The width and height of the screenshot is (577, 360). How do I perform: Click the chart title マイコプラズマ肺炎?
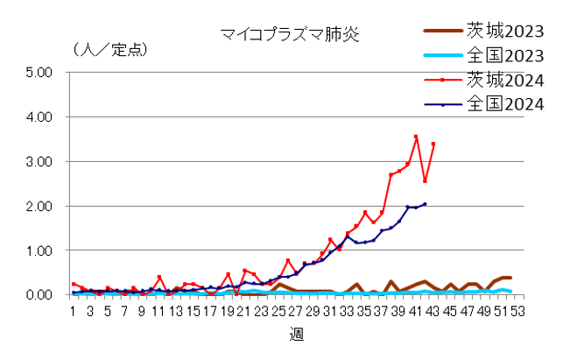coord(289,35)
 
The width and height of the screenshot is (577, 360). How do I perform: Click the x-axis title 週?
coord(297,335)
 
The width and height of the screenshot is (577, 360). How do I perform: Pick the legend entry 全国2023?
coord(505,56)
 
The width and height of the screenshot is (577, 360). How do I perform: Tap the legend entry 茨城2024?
coord(505,81)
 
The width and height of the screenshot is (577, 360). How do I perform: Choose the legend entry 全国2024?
coord(505,104)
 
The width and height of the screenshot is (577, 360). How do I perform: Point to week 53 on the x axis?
coord(517,311)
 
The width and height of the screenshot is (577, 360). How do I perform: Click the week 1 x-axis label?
coord(74,311)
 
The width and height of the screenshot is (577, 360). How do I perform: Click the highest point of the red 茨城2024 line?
coord(416,137)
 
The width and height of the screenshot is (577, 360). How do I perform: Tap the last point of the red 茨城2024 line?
coord(433,144)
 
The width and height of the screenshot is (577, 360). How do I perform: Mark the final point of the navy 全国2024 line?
coord(425,204)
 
